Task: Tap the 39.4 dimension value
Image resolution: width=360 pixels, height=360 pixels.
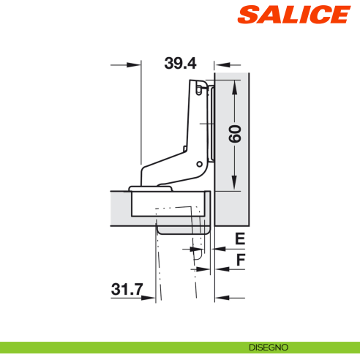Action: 180,64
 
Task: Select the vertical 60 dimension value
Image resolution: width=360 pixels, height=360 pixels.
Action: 234,135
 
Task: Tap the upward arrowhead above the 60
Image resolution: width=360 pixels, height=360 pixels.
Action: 234,87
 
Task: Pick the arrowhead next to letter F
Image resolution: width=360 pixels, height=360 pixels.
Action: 219,269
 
